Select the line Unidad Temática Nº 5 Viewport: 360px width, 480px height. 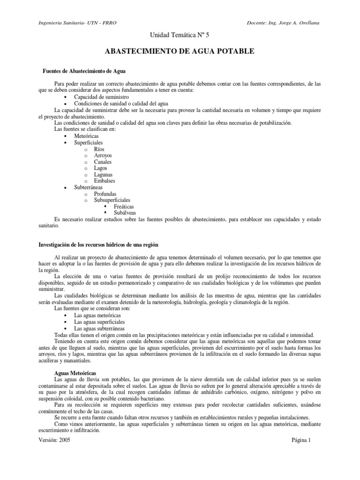pos(180,36)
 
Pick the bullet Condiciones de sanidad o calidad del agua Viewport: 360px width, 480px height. pos(121,103)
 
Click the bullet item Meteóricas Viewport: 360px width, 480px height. pos(86,135)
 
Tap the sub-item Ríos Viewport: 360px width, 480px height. pos(99,149)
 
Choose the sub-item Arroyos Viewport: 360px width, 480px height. pos(103,155)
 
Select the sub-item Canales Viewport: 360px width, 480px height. pos(103,162)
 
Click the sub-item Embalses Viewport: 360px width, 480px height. pos(104,181)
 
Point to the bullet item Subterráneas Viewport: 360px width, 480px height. pos(89,187)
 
